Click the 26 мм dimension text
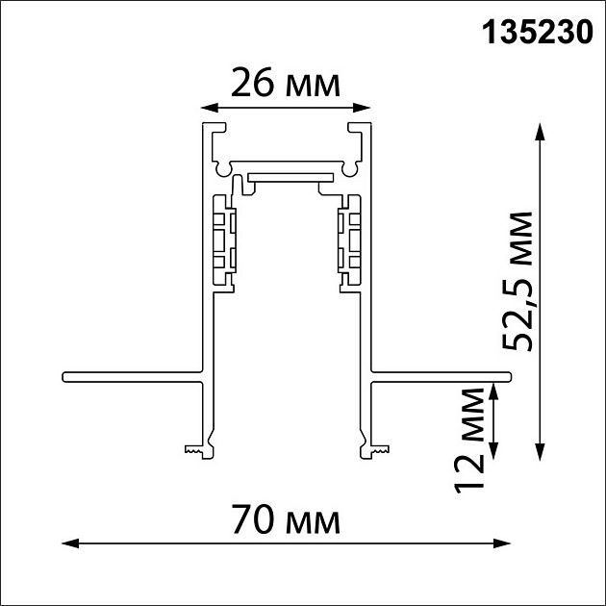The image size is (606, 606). pos(286,85)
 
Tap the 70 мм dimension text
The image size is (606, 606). pos(286,522)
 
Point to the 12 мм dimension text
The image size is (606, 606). pos(470,440)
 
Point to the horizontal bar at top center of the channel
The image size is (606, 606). pos(287,176)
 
